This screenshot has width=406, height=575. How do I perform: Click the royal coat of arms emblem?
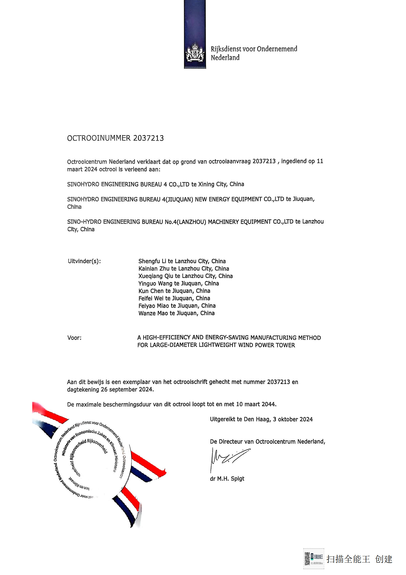195,53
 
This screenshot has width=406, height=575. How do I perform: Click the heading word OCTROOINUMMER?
99,138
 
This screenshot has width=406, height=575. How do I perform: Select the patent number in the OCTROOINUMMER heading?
148,138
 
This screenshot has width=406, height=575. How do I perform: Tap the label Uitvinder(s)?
84,261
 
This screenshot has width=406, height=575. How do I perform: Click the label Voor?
74,338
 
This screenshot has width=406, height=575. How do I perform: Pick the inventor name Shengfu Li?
152,261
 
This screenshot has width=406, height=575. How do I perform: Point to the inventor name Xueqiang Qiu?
156,276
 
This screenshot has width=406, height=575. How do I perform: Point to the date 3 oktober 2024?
293,419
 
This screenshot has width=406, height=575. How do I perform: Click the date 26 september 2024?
127,390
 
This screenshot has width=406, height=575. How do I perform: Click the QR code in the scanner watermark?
307,559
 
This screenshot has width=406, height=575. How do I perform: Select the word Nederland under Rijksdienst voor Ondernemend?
225,58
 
